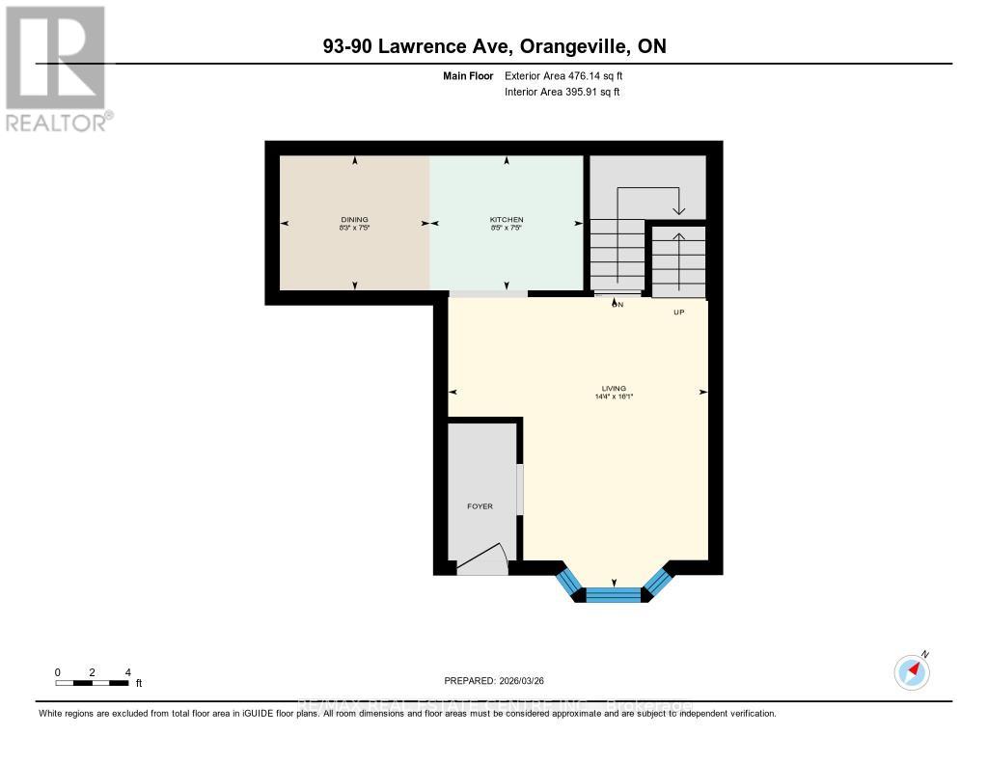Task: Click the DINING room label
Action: tap(354, 220)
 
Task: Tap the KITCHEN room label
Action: tap(506, 220)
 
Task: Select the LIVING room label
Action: tap(613, 388)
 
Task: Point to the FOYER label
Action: tap(480, 506)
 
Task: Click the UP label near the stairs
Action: tap(678, 312)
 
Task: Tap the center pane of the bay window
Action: tap(614, 594)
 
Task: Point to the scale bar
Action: tap(92, 683)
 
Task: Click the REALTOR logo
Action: tap(56, 68)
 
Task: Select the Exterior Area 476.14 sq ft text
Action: tap(570, 75)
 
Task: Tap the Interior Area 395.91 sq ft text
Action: tap(562, 93)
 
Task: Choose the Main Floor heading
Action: tap(469, 75)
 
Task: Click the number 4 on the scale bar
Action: tap(127, 672)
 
